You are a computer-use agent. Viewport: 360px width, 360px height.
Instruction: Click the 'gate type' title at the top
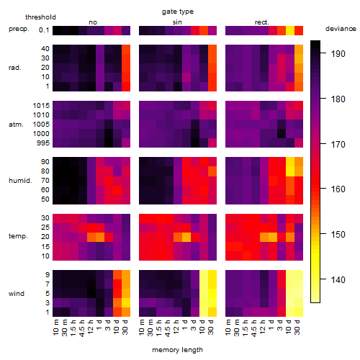pyautogui.click(x=178, y=12)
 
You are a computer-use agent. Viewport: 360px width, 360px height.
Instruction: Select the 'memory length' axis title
pyautogui.click(x=178, y=350)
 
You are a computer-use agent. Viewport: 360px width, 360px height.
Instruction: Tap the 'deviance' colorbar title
pyautogui.click(x=341, y=29)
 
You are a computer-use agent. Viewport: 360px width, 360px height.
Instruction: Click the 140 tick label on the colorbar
pyautogui.click(x=338, y=280)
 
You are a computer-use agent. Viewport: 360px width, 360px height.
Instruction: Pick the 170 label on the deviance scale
pyautogui.click(x=338, y=145)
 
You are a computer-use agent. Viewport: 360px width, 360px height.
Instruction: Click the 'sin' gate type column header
pyautogui.click(x=177, y=22)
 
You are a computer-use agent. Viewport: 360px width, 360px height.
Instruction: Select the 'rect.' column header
pyautogui.click(x=262, y=22)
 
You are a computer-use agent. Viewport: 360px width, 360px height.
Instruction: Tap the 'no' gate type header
pyautogui.click(x=93, y=22)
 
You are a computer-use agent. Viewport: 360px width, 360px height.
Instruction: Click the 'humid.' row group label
pyautogui.click(x=20, y=181)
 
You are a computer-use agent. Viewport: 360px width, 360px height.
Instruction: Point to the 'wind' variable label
pyautogui.click(x=17, y=294)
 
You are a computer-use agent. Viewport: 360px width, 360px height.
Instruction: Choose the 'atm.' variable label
pyautogui.click(x=16, y=125)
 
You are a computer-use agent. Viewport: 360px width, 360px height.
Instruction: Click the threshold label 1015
pyautogui.click(x=41, y=106)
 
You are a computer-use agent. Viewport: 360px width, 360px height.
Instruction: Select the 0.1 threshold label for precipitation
pyautogui.click(x=44, y=30)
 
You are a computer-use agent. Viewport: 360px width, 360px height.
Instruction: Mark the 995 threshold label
pyautogui.click(x=43, y=143)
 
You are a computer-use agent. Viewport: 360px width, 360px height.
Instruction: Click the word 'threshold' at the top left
pyautogui.click(x=40, y=17)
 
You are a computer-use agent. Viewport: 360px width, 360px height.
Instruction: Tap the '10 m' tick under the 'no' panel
pyautogui.click(x=56, y=328)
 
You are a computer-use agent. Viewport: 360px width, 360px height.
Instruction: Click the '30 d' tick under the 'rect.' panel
pyautogui.click(x=297, y=328)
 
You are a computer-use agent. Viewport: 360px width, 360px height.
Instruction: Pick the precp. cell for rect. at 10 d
pyautogui.click(x=290, y=30)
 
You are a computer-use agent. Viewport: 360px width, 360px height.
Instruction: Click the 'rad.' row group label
pyautogui.click(x=15, y=68)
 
